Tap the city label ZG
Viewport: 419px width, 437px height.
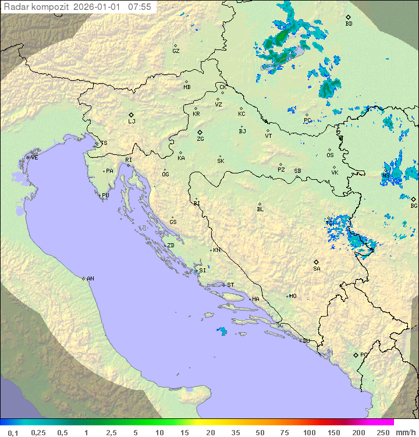click(x=200, y=139)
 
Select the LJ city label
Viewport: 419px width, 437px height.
click(x=132, y=121)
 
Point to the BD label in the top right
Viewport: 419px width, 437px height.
click(x=349, y=24)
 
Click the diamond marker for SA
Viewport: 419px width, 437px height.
click(x=317, y=262)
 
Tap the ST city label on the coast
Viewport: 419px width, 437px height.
click(x=230, y=285)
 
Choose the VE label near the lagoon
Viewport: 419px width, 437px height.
click(x=34, y=158)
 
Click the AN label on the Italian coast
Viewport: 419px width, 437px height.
click(x=90, y=279)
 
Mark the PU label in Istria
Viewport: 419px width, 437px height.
click(x=105, y=196)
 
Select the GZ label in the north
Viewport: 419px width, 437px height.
click(x=176, y=51)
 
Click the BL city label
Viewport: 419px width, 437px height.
click(x=260, y=209)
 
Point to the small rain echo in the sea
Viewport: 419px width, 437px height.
click(x=222, y=331)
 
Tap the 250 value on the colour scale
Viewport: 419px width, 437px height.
click(x=382, y=432)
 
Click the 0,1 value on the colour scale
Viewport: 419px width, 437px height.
click(x=13, y=432)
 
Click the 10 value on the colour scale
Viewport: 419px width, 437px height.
click(x=159, y=432)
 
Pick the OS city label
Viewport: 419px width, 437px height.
click(x=330, y=155)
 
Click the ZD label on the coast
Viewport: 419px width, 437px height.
click(x=171, y=246)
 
